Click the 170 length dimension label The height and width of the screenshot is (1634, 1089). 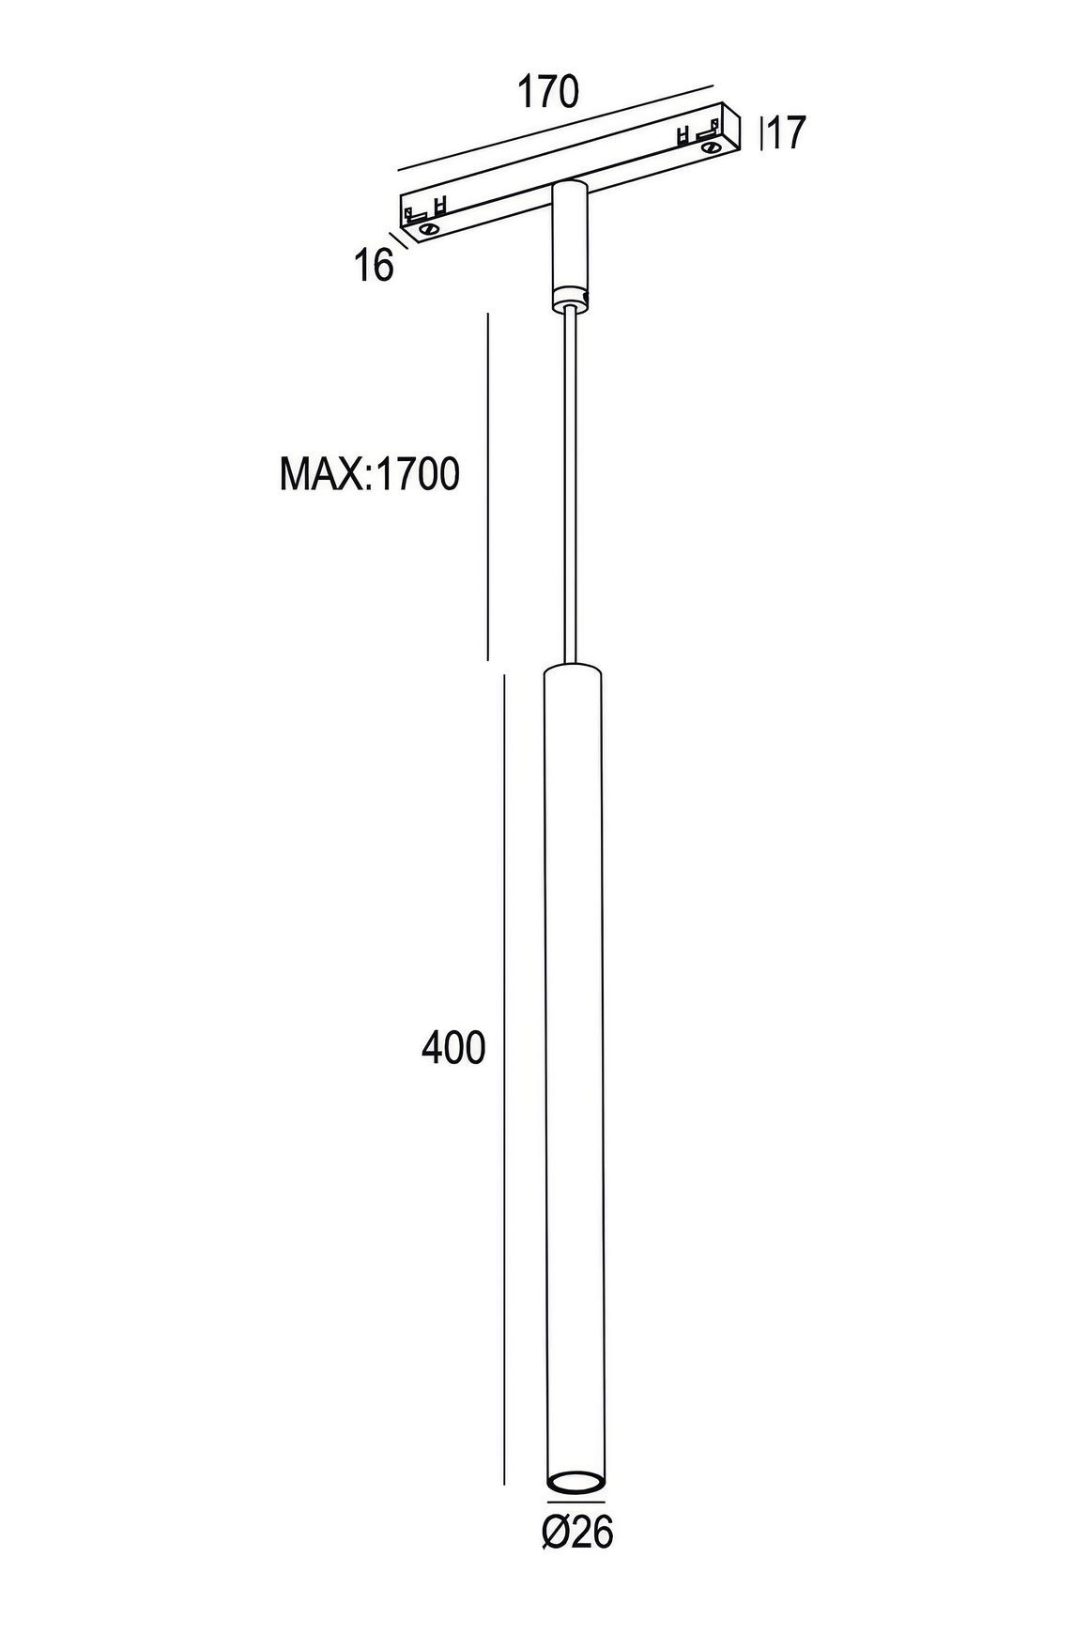[548, 92]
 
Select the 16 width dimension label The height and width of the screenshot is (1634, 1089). [374, 266]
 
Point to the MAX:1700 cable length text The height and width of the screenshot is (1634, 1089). [370, 474]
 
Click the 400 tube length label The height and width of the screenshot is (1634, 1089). [453, 1047]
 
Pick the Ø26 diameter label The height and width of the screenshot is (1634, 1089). [576, 1534]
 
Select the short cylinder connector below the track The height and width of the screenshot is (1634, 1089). [568, 244]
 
